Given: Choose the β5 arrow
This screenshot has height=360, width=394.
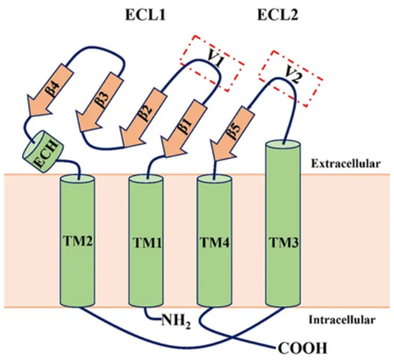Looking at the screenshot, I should [x=230, y=135].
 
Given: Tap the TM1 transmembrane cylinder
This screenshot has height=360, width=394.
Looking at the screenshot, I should [x=146, y=241].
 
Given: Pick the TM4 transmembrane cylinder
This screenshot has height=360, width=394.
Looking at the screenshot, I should [x=215, y=241].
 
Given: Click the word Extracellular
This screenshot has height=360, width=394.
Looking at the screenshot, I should [x=348, y=163].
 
